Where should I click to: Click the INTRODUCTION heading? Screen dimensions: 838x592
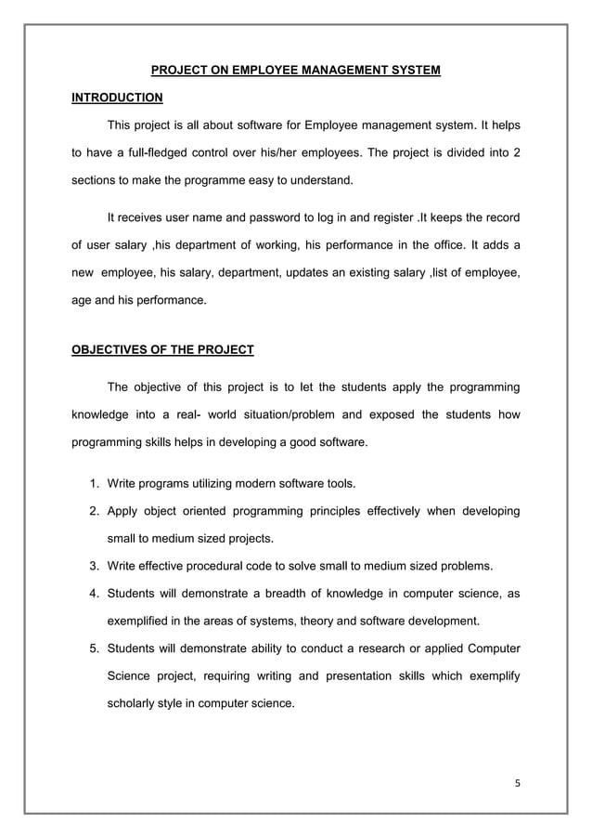(117, 98)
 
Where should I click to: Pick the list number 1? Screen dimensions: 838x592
(95, 484)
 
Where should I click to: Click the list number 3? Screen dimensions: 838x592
(95, 566)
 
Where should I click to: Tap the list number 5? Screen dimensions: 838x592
(95, 648)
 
